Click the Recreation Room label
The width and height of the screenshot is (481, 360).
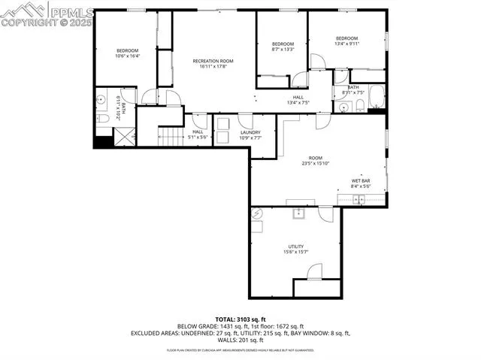(213, 61)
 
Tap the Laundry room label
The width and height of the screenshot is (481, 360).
(250, 133)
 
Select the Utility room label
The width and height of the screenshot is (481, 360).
(295, 247)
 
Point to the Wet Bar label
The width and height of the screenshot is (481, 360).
(362, 180)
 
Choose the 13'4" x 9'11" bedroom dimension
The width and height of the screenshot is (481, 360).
(346, 44)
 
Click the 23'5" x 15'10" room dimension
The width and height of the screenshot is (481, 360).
(316, 163)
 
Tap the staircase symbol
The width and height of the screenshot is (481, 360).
(172, 135)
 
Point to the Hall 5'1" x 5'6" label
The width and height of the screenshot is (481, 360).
(198, 135)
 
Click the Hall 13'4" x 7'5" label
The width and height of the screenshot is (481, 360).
(298, 101)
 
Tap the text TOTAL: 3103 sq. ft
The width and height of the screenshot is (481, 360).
(240, 319)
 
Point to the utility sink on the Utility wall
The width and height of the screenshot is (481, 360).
(298, 213)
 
